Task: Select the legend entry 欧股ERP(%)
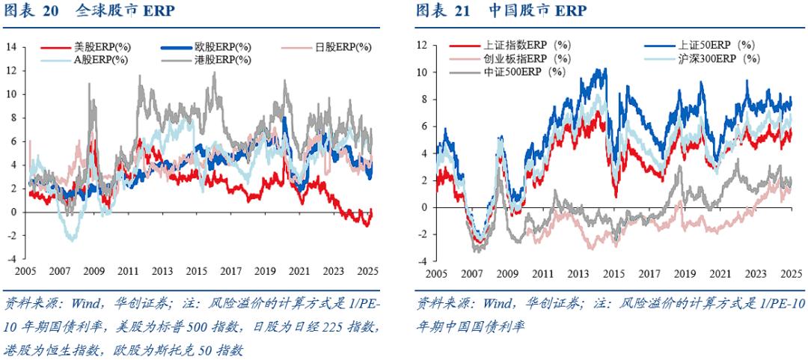pos(206,47)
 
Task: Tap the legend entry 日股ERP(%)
pos(326,47)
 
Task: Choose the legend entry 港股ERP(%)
pos(206,60)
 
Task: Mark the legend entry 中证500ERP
pos(507,72)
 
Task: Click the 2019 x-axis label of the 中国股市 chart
pos(683,273)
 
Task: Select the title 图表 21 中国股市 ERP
pos(501,10)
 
